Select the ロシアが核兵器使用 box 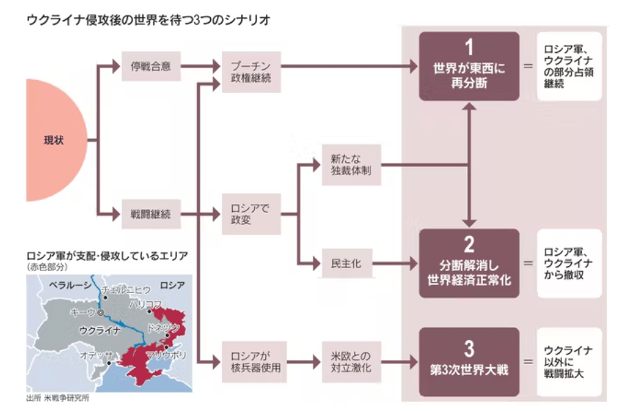click(251, 361)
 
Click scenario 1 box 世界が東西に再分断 click(469, 66)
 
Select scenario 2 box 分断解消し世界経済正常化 click(469, 263)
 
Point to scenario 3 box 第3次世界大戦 click(469, 361)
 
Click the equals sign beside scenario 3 click(528, 361)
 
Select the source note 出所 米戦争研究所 click(58, 398)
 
